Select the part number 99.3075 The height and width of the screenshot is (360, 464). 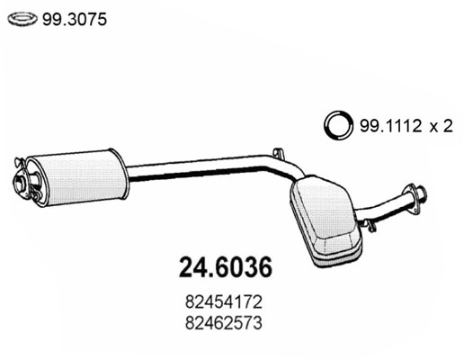71,18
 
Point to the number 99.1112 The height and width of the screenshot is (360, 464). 388,126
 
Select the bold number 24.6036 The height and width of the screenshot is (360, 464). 220,268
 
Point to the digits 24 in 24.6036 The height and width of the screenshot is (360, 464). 183,268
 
